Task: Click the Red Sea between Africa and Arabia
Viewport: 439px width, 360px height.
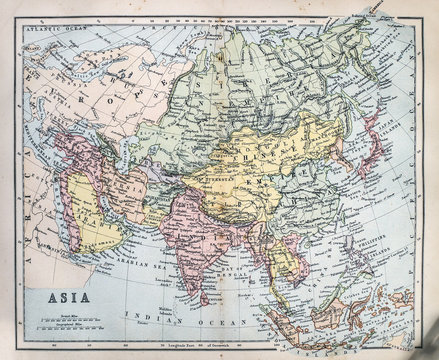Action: (x=68, y=215)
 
